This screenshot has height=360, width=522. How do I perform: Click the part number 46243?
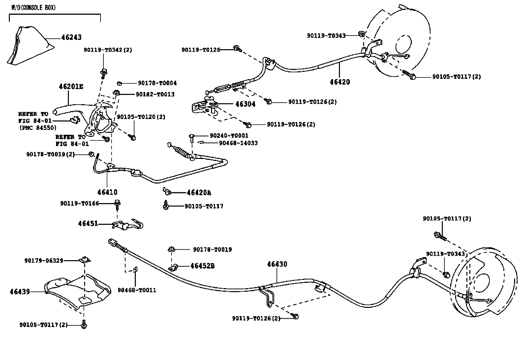71,37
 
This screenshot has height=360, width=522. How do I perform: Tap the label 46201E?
71,87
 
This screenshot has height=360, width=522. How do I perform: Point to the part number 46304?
246,104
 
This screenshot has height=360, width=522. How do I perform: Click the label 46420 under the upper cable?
340,82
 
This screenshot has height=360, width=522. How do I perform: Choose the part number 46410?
107,192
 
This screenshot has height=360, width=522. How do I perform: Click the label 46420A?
199,193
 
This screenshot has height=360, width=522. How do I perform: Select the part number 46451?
88,223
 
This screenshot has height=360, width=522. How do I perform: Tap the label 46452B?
202,266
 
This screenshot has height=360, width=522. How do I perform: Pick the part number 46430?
277,264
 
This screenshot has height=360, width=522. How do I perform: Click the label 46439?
20,292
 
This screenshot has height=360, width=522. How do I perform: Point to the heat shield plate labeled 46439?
78,291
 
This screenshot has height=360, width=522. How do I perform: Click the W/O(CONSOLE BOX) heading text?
33,7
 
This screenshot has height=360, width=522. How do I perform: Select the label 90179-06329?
44,261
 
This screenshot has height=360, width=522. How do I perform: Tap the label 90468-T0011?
137,290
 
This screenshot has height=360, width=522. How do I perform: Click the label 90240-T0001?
229,136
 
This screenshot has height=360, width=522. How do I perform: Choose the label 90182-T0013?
155,94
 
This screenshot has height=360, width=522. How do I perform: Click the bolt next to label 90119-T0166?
117,204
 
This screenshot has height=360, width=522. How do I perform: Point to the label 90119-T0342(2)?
108,50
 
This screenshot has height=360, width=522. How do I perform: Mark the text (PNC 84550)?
37,128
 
